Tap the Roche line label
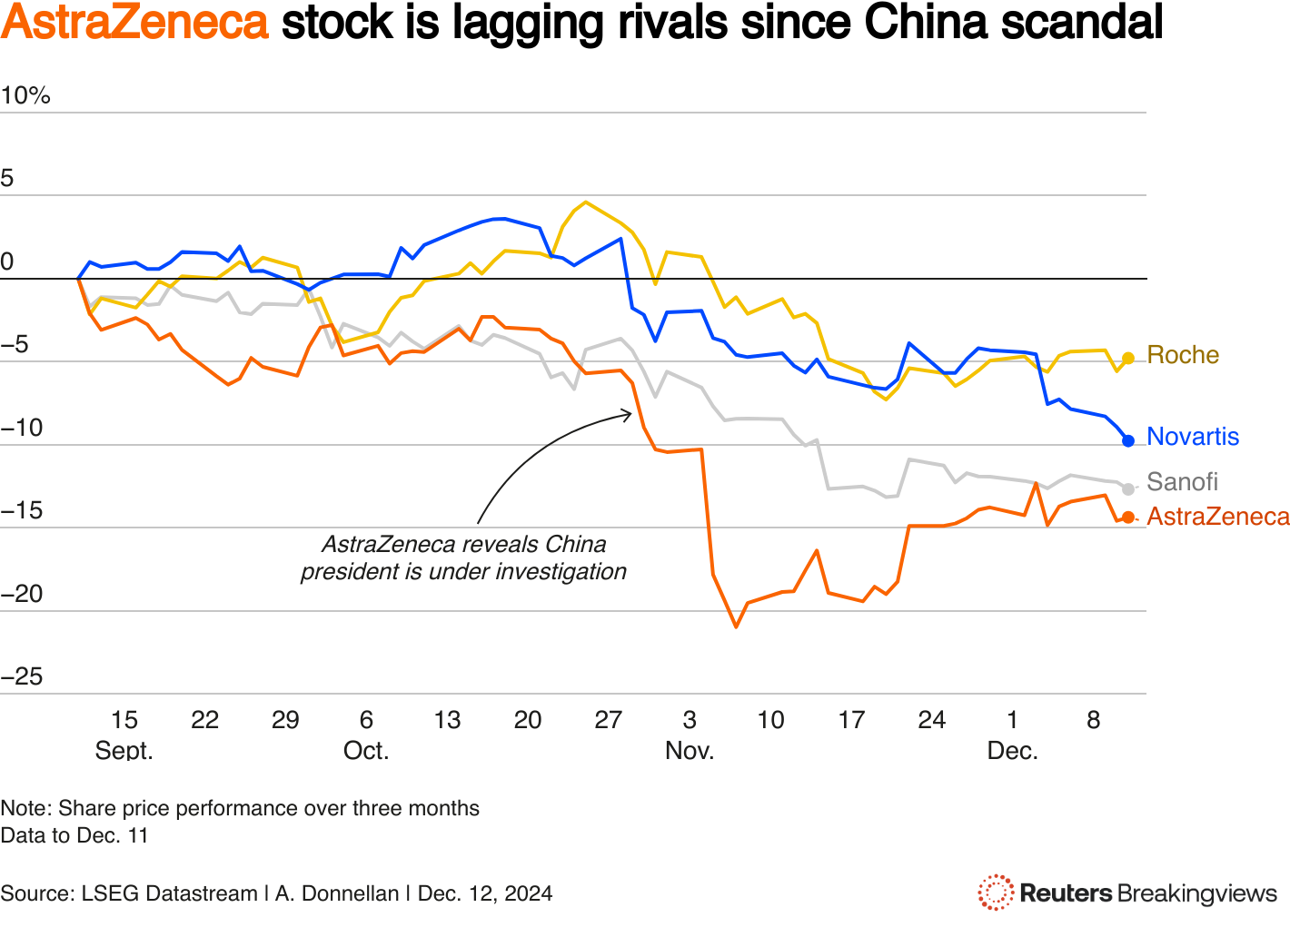pyautogui.click(x=1182, y=355)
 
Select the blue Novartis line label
pyautogui.click(x=1192, y=437)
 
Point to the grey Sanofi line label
pyautogui.click(x=1181, y=482)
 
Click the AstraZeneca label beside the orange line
pyautogui.click(x=1217, y=517)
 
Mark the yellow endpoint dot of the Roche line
pyautogui.click(x=1128, y=359)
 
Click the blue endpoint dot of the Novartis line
pyautogui.click(x=1128, y=441)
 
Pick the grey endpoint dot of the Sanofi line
pyautogui.click(x=1128, y=489)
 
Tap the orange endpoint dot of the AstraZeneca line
pyautogui.click(x=1128, y=518)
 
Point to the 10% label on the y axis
pyautogui.click(x=25, y=95)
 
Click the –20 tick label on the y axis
pyautogui.click(x=22, y=594)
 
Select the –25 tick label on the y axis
pyautogui.click(x=22, y=676)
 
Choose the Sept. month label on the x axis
pyautogui.click(x=124, y=751)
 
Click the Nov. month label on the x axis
pyautogui.click(x=690, y=751)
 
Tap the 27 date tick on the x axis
pyautogui.click(x=608, y=720)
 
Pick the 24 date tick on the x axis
pyautogui.click(x=931, y=720)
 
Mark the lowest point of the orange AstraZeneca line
pyautogui.click(x=736, y=626)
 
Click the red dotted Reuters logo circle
pyautogui.click(x=995, y=893)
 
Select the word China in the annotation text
pyautogui.click(x=575, y=545)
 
